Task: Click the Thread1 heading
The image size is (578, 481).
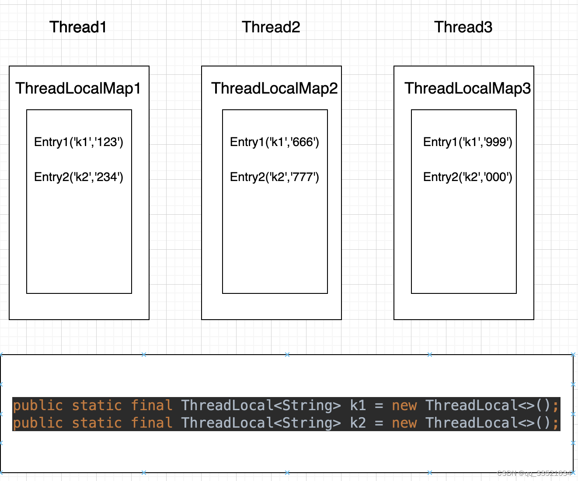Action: (x=78, y=27)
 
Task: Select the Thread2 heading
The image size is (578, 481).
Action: (x=271, y=27)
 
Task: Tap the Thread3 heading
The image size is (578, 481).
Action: (x=463, y=27)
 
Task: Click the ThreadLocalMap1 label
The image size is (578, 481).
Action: (x=78, y=88)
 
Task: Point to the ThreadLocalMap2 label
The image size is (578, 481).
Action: (x=275, y=88)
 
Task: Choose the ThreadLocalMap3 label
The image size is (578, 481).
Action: (x=467, y=88)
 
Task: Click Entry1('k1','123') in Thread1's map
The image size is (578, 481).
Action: (x=79, y=142)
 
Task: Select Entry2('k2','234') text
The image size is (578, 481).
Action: (x=79, y=177)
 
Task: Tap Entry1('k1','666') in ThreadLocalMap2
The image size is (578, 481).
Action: (x=275, y=142)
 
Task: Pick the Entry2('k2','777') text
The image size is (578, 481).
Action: (x=275, y=177)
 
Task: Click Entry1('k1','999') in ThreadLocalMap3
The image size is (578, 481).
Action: (x=467, y=142)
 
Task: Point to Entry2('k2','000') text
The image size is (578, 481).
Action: (x=467, y=177)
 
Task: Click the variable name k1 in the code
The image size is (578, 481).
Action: (x=358, y=405)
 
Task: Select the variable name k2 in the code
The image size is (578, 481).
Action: (x=358, y=423)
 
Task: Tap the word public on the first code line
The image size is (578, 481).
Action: (x=38, y=405)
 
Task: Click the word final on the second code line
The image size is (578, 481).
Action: (x=152, y=423)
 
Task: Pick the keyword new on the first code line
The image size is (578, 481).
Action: (x=404, y=405)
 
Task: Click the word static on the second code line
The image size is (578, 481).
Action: (x=97, y=423)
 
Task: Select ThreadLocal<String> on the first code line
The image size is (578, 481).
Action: (x=261, y=405)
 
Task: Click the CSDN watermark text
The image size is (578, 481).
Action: (x=534, y=473)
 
